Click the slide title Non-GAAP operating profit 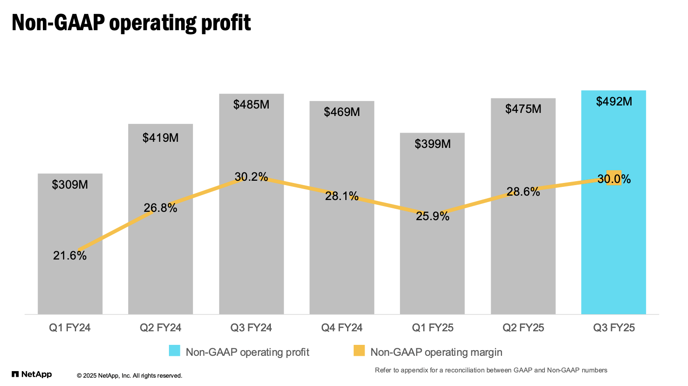[131, 23]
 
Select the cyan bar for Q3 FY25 [613, 245]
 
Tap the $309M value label [70, 185]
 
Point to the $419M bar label [161, 138]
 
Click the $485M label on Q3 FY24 [251, 105]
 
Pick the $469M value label [342, 112]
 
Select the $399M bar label [432, 144]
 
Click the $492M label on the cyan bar [614, 102]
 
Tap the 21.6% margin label [70, 256]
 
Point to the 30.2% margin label [251, 177]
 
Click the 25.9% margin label [432, 216]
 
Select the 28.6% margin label [523, 192]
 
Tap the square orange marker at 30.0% [614, 178]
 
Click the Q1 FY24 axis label [70, 328]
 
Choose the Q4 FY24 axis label [342, 328]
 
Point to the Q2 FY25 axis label [523, 328]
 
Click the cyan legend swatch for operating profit [175, 351]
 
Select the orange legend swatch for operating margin [359, 351]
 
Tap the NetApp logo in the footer [32, 374]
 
